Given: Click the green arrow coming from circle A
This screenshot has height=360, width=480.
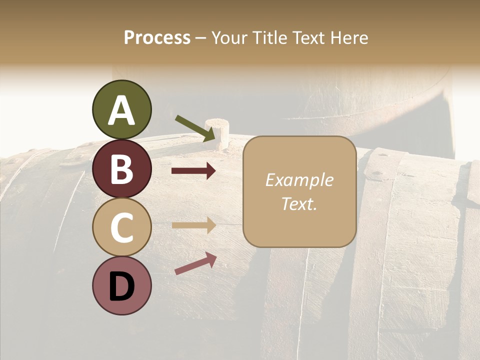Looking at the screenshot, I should (195, 127).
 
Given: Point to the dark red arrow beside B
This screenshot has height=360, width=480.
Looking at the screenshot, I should (193, 171).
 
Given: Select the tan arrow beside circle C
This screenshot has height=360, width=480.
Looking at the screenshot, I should (193, 225).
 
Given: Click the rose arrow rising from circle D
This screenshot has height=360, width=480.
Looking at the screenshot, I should (195, 263).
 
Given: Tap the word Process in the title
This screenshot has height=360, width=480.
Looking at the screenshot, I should (157, 37).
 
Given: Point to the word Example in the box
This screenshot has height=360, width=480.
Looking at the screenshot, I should (299, 180).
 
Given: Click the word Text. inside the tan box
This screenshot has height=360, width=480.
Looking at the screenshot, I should (299, 203).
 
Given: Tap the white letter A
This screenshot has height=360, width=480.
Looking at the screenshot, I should (121, 110).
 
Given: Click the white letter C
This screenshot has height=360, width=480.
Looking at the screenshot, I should (121, 228).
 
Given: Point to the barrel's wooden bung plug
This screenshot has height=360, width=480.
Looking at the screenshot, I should (218, 131).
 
